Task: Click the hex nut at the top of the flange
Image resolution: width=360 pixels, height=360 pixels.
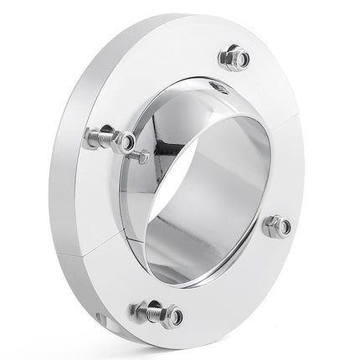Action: coord(234,59)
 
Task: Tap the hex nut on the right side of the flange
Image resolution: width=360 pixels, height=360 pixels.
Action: coord(276,225)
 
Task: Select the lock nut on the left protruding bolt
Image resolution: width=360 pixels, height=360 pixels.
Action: coord(122,141)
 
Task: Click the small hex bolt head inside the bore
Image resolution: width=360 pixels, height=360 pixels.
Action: coord(143,157)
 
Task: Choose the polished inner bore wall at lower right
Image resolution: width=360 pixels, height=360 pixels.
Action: coord(243,251)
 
